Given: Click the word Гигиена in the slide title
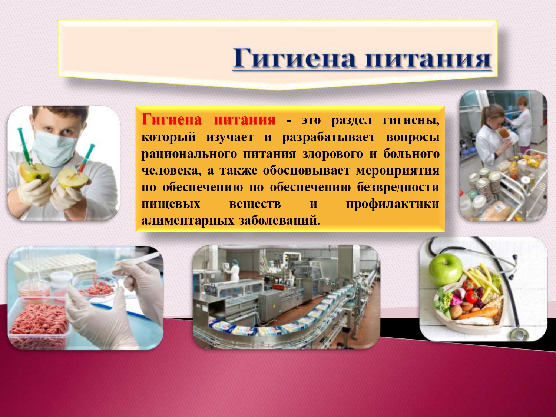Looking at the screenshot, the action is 294,59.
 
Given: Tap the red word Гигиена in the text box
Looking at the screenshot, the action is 172,119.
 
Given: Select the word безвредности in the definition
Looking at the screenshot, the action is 398,187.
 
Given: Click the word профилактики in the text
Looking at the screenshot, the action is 393,204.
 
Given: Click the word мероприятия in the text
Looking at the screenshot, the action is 398,171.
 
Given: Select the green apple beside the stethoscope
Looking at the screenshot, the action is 445,269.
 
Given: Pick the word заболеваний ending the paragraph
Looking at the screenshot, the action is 279,221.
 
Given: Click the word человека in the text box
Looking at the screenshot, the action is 172,171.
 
